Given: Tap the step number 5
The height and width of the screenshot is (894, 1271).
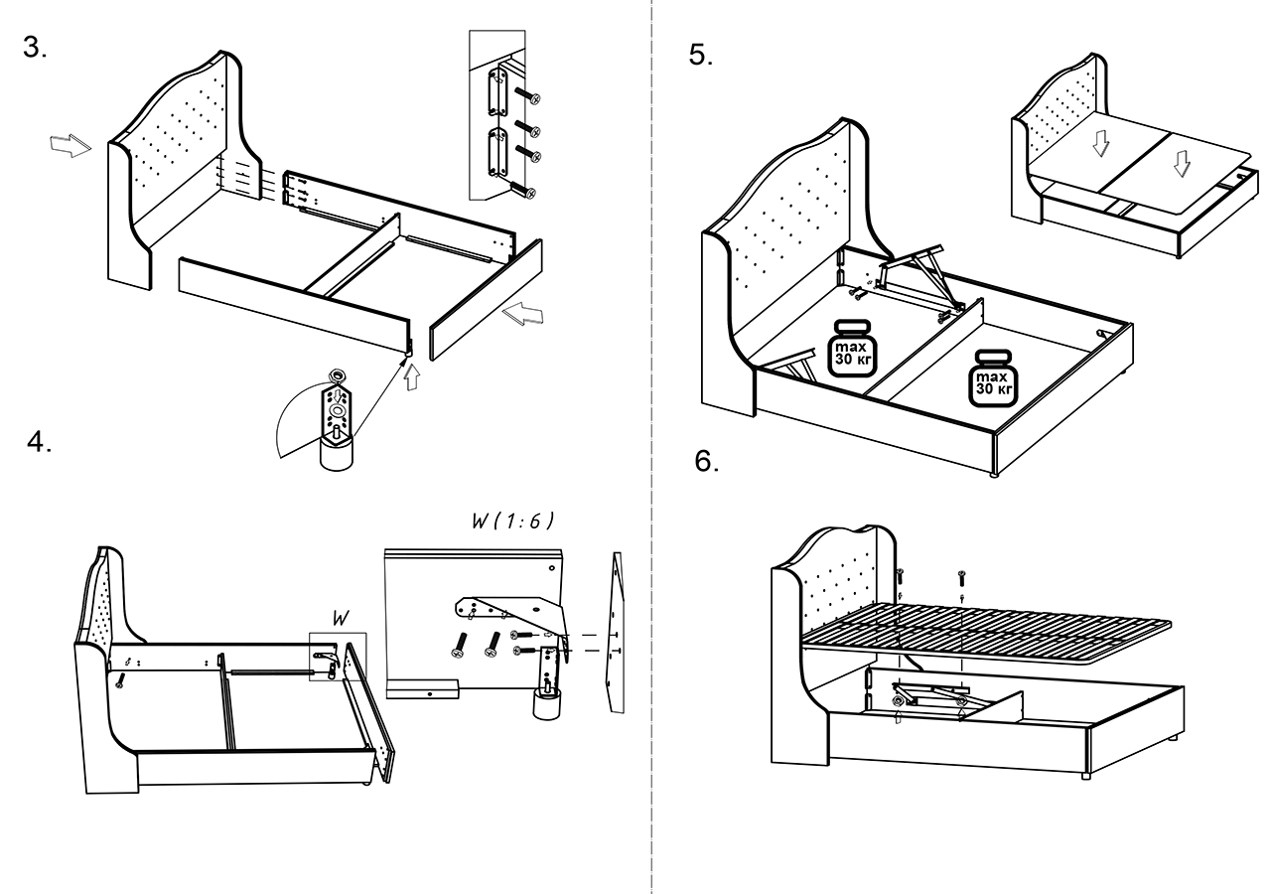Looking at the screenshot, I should [x=700, y=56].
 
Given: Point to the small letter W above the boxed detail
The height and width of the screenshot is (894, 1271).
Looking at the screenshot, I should [x=340, y=618].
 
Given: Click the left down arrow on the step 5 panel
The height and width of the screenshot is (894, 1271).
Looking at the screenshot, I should [x=1098, y=144].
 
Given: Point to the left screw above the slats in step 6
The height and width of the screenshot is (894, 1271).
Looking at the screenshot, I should [x=900, y=573].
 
